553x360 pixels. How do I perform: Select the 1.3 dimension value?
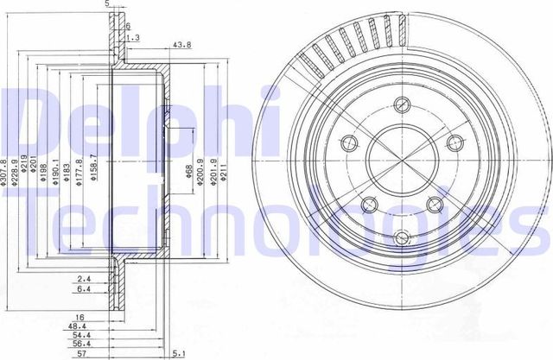[x=132, y=38]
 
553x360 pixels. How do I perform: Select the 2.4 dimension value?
[x=82, y=279]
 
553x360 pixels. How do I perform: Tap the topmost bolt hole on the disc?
[x=401, y=106]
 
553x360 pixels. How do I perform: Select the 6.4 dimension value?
[x=82, y=289]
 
